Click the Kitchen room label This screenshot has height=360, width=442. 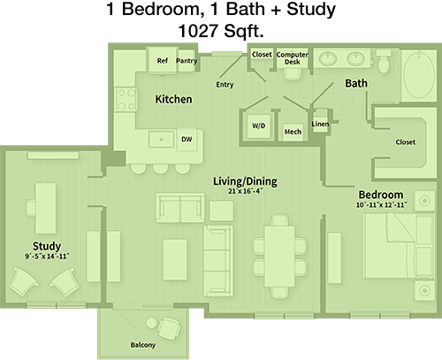(173, 99)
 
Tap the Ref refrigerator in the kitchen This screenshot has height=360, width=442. (163, 60)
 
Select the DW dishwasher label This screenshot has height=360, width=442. (187, 139)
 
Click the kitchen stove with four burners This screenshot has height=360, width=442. (126, 99)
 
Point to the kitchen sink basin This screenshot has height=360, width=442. (161, 140)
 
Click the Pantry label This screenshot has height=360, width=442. (187, 61)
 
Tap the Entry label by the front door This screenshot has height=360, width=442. (225, 85)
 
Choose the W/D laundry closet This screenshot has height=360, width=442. (259, 126)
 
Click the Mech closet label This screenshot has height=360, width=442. (293, 132)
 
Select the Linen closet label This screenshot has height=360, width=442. (320, 124)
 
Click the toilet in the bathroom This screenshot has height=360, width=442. (384, 63)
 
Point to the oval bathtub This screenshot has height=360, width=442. (418, 74)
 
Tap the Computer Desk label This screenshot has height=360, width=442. (293, 58)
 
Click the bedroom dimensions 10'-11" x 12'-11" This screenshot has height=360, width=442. (382, 204)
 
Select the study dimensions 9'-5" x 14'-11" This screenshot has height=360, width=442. (47, 257)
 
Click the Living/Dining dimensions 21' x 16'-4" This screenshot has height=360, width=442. (245, 191)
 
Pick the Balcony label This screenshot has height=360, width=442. (143, 345)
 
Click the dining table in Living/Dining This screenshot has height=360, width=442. (279, 257)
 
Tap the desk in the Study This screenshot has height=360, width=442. (46, 208)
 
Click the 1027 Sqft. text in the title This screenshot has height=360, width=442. (221, 31)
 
